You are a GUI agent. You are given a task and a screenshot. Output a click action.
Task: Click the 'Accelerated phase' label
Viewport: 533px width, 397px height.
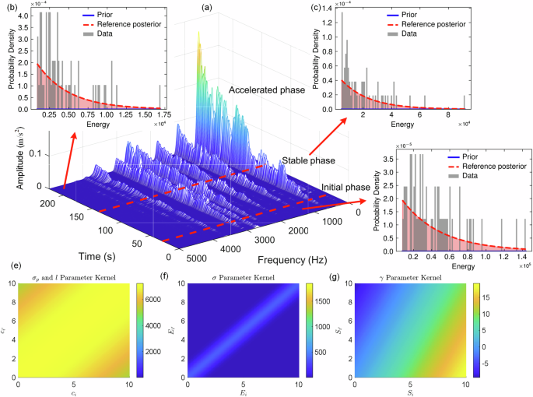(268, 91)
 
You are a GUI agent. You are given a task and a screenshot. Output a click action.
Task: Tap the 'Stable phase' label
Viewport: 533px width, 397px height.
(308, 161)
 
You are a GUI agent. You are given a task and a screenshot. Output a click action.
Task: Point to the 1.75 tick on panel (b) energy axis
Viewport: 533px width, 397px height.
(160, 114)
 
